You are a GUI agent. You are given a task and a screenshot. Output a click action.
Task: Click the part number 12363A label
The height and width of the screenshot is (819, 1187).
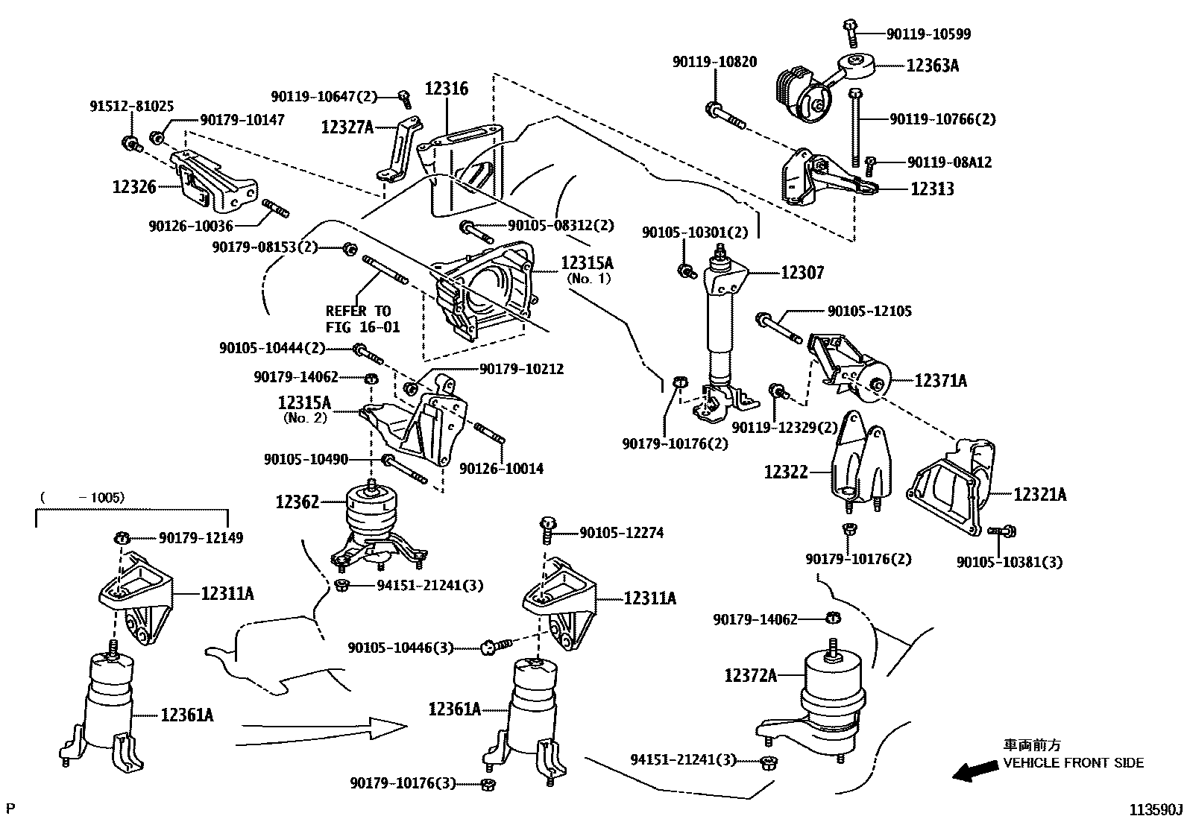[932, 66]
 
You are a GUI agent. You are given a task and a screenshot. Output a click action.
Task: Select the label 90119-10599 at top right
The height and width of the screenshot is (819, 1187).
[928, 34]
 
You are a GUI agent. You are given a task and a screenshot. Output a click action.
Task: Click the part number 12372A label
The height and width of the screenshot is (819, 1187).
[750, 675]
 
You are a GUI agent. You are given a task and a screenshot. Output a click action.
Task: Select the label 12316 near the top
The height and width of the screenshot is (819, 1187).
[447, 89]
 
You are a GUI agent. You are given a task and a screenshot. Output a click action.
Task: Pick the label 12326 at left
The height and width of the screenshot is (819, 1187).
[134, 187]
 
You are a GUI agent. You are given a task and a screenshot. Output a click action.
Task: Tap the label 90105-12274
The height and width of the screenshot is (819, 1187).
[621, 533]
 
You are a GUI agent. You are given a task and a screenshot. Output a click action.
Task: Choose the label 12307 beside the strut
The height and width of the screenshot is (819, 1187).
[802, 273]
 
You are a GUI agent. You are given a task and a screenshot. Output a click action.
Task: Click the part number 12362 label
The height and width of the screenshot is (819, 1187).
[297, 502]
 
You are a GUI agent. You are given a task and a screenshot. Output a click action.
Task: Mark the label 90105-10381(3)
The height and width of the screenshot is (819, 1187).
[1010, 563]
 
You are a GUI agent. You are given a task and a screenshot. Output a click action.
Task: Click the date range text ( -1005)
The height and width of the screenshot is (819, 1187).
[82, 497]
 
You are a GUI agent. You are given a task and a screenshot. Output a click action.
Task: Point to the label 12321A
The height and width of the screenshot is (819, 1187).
[1039, 494]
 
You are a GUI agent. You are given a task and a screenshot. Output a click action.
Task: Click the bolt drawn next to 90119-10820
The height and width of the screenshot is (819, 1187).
[722, 116]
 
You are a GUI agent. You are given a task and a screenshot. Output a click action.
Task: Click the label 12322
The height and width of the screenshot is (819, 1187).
[785, 472]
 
